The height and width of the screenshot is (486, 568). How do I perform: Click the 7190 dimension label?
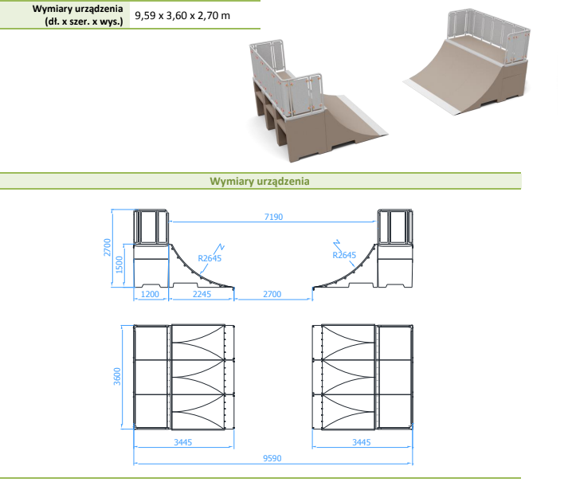(x=273, y=217)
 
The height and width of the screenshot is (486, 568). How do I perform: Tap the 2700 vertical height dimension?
(x=108, y=247)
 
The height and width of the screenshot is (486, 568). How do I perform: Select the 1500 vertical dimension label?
(x=119, y=265)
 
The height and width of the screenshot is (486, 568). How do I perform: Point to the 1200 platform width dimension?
(x=150, y=294)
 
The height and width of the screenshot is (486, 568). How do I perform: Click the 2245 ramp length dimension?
(x=202, y=294)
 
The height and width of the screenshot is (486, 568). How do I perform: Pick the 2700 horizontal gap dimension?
(x=272, y=294)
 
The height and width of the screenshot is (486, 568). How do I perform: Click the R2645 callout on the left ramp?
(x=210, y=258)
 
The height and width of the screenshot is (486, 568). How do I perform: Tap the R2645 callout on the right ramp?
(x=344, y=255)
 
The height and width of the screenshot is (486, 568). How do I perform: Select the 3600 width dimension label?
(x=117, y=376)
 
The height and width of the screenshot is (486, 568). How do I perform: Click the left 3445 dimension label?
(x=183, y=442)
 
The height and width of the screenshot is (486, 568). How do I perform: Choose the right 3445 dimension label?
(x=362, y=442)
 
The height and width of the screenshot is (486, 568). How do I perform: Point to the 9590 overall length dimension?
(x=272, y=458)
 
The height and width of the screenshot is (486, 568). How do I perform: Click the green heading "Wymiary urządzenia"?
(x=260, y=181)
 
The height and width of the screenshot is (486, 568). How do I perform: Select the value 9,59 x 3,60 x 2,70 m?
(x=182, y=16)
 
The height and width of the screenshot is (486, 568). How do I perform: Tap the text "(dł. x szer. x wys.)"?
(x=84, y=22)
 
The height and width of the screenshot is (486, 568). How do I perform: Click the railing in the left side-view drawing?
(x=151, y=226)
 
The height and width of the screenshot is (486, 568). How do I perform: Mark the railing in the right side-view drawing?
(x=394, y=226)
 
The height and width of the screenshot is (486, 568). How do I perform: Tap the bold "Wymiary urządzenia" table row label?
(x=77, y=9)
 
